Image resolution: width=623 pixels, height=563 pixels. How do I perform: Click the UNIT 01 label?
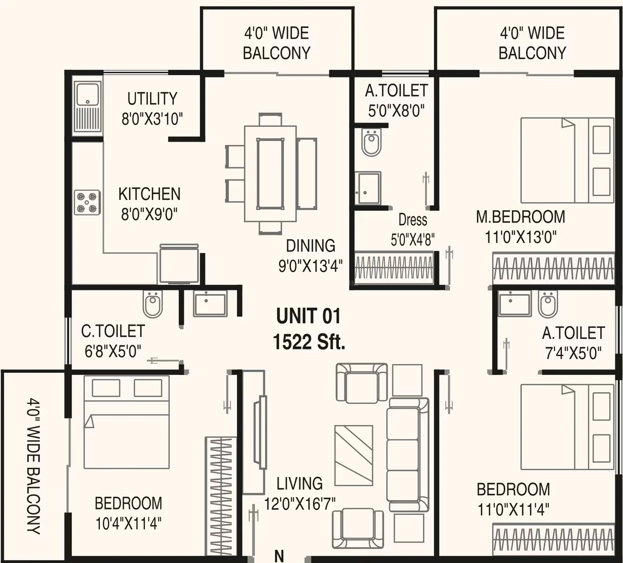[308, 316]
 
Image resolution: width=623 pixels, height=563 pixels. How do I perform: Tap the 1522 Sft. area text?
[309, 342]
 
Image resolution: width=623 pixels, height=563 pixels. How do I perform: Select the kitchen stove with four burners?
[87, 202]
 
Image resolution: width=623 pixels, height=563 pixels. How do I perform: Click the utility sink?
[88, 108]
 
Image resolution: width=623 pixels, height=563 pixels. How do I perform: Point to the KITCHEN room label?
[149, 194]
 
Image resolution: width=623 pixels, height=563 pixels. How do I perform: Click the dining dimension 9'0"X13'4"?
[311, 266]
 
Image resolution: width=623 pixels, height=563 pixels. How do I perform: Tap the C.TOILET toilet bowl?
[152, 304]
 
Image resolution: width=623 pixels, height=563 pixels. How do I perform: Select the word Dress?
[413, 220]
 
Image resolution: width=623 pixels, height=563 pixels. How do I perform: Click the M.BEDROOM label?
[521, 217]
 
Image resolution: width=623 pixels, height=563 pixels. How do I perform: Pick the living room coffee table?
[354, 459]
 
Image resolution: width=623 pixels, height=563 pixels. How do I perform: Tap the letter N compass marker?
[279, 555]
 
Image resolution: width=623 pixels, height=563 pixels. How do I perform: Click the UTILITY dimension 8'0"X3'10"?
[152, 119]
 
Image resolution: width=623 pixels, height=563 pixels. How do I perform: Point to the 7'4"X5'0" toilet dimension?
[573, 353]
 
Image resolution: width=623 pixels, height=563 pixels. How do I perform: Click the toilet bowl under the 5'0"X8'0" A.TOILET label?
[371, 143]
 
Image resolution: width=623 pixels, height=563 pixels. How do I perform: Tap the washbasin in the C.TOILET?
[210, 303]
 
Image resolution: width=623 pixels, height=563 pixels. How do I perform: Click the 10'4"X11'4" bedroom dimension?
[128, 524]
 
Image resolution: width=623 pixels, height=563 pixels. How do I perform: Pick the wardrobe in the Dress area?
[394, 267]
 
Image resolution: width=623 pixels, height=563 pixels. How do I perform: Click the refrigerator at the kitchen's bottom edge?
[179, 264]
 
